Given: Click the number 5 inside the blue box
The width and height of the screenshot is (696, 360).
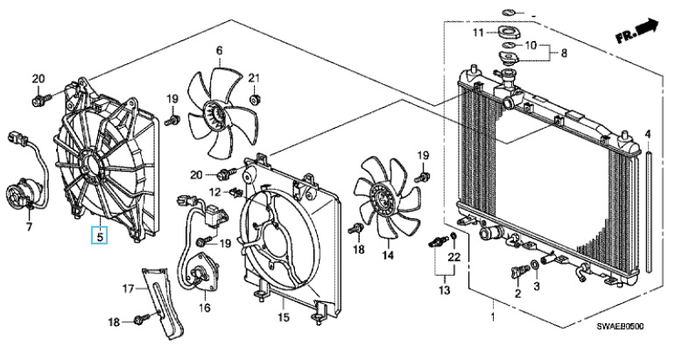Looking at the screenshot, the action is pyautogui.click(x=101, y=236).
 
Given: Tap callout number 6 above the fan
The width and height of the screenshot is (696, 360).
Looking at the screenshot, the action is pyautogui.click(x=219, y=51).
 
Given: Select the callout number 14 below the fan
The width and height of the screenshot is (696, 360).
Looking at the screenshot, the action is pyautogui.click(x=388, y=255).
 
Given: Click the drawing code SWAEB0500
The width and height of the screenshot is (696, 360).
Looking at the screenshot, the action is pyautogui.click(x=620, y=327).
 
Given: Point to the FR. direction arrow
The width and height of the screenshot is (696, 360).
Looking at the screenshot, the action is pyautogui.click(x=636, y=30).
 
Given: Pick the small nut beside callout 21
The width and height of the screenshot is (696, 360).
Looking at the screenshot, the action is pyautogui.click(x=255, y=100).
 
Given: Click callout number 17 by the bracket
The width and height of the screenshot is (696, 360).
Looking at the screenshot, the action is pyautogui.click(x=128, y=289).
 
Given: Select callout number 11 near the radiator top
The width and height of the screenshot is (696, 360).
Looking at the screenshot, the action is pyautogui.click(x=477, y=32).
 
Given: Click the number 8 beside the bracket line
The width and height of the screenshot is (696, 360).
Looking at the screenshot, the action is pyautogui.click(x=564, y=53).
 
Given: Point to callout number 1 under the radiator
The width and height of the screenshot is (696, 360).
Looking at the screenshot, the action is pyautogui.click(x=492, y=317).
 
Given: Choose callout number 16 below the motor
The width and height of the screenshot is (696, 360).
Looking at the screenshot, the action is pyautogui.click(x=204, y=307).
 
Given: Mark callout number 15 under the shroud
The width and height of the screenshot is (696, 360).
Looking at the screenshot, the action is pyautogui.click(x=284, y=317).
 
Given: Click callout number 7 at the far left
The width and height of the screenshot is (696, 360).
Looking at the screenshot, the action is pyautogui.click(x=29, y=227).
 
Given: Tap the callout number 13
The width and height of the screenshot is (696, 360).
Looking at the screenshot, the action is pyautogui.click(x=445, y=290).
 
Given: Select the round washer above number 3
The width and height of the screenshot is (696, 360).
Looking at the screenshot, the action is pyautogui.click(x=535, y=265).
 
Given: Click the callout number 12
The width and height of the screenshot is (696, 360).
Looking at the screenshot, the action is pyautogui.click(x=214, y=193).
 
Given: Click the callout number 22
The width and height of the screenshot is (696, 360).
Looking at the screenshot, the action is pyautogui.click(x=453, y=257).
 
